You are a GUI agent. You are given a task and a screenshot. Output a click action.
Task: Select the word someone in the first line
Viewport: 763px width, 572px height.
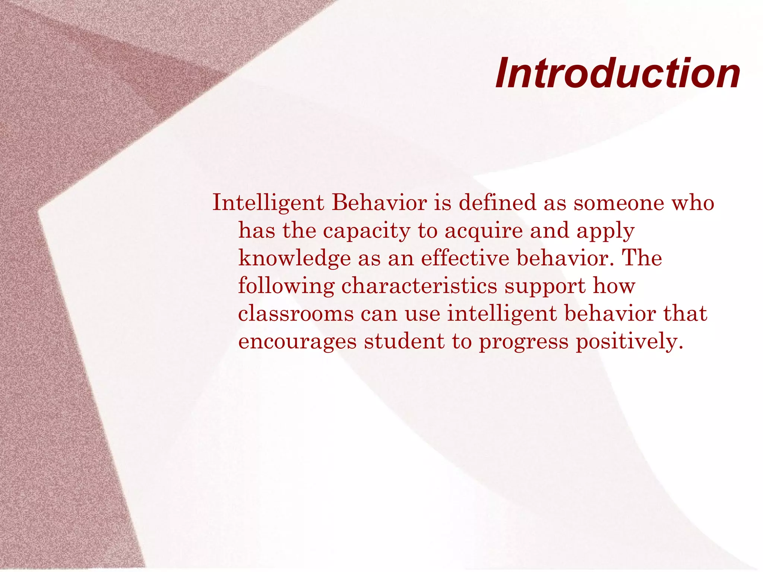pyautogui.click(x=619, y=203)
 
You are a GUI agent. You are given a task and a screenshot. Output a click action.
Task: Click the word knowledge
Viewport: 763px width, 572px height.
pyautogui.click(x=294, y=258)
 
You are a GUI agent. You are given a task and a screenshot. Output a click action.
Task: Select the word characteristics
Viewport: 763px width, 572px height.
pyautogui.click(x=419, y=286)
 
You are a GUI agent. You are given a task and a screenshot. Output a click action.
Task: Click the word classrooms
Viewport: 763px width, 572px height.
pyautogui.click(x=296, y=313)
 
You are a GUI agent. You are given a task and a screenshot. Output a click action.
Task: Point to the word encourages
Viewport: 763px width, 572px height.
pyautogui.click(x=297, y=342)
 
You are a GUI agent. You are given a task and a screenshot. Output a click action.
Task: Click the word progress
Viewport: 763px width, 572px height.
pyautogui.click(x=523, y=342)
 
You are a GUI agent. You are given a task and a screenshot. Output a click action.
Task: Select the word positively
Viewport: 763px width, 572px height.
pyautogui.click(x=629, y=342)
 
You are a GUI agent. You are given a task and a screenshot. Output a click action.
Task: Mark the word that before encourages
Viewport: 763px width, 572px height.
pyautogui.click(x=685, y=313)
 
